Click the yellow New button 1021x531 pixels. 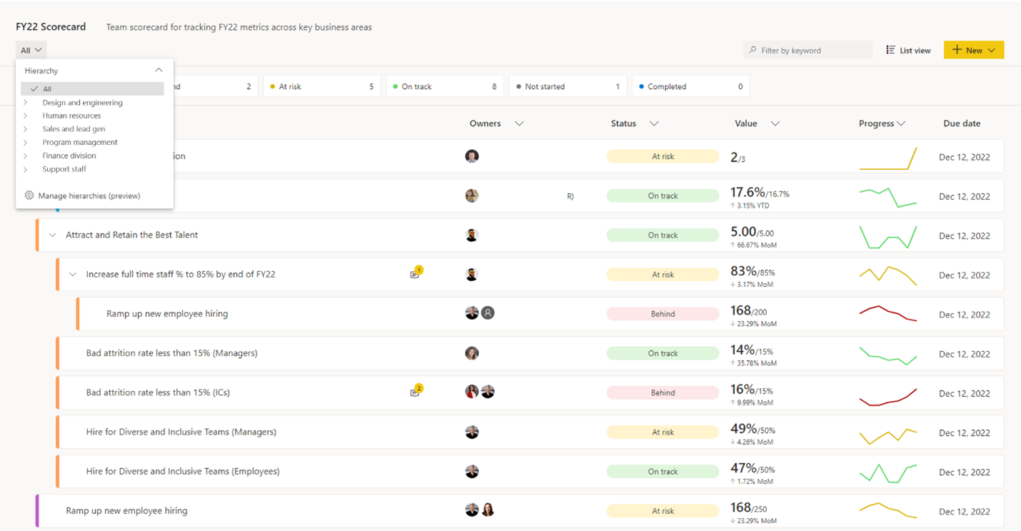pyautogui.click(x=974, y=50)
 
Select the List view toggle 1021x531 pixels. pyautogui.click(x=908, y=50)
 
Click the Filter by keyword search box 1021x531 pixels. pyautogui.click(x=808, y=50)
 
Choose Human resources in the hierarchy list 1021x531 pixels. pyautogui.click(x=71, y=116)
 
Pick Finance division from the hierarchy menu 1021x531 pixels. pyautogui.click(x=69, y=156)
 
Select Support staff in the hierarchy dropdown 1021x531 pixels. pyautogui.click(x=64, y=169)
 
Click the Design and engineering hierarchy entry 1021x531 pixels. pyautogui.click(x=83, y=103)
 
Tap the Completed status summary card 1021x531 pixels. pyautogui.click(x=690, y=86)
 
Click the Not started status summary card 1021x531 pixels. pyautogui.click(x=568, y=86)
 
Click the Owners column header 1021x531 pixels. pyautogui.click(x=485, y=123)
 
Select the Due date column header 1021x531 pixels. pyautogui.click(x=962, y=123)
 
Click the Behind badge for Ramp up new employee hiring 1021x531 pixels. pyautogui.click(x=663, y=313)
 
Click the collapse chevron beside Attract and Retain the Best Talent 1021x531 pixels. pyautogui.click(x=52, y=236)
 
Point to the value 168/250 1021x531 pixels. pyautogui.click(x=749, y=507)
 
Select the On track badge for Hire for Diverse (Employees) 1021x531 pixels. pyautogui.click(x=663, y=471)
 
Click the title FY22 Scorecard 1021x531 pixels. pyautogui.click(x=51, y=26)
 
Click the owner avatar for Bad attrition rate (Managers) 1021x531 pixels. pyautogui.click(x=472, y=353)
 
